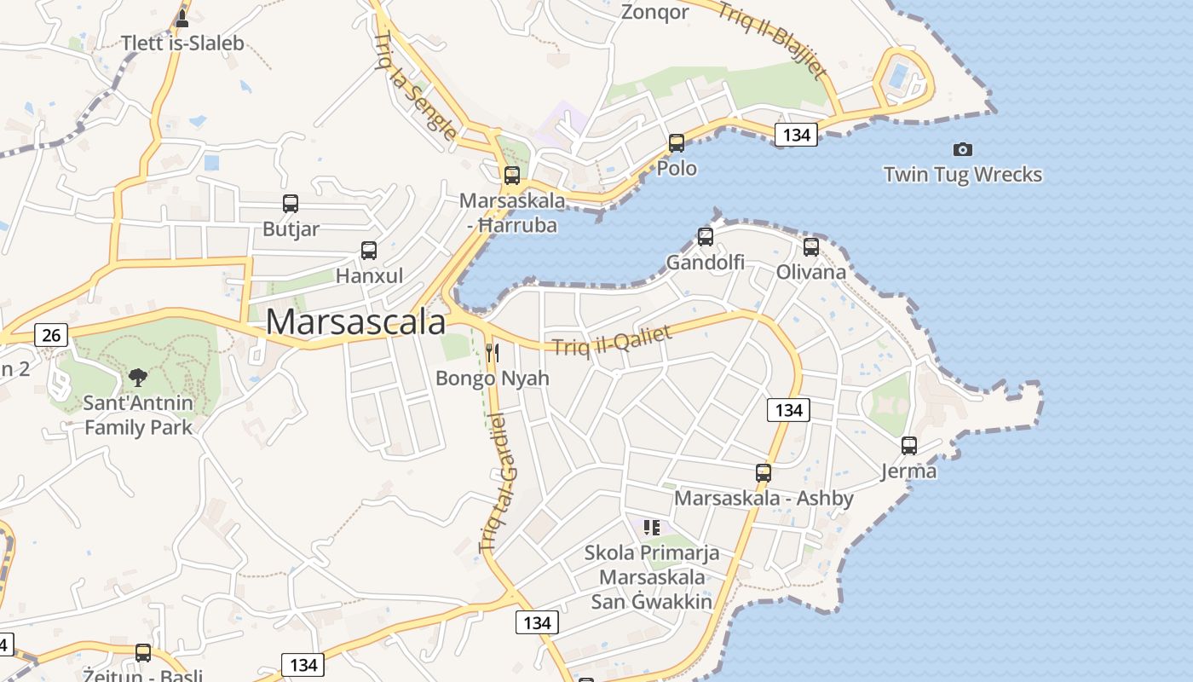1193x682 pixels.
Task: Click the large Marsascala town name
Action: click(x=355, y=322)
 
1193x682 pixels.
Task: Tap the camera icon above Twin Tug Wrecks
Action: click(x=962, y=149)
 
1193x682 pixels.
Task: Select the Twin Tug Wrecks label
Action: click(x=962, y=175)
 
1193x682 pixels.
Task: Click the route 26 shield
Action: click(x=51, y=335)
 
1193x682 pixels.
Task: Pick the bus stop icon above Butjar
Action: click(x=291, y=204)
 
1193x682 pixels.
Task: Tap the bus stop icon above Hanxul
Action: click(x=369, y=251)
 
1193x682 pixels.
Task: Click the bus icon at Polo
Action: click(x=677, y=143)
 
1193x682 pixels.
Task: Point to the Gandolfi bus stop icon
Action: click(x=706, y=237)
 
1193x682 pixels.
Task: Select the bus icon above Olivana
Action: click(x=811, y=247)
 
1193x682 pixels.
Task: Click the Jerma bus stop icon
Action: click(x=909, y=446)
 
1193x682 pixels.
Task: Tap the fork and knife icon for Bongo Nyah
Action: click(x=493, y=352)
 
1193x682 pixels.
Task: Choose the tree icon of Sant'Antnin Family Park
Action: click(x=137, y=377)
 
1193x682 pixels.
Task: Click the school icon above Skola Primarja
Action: click(x=652, y=528)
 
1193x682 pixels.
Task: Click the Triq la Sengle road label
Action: click(x=415, y=85)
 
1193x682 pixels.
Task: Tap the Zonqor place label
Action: click(x=654, y=12)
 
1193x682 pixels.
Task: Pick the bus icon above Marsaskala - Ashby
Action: click(x=764, y=472)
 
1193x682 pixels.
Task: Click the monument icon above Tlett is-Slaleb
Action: click(x=182, y=18)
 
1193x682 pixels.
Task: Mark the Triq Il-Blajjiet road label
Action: click(x=772, y=38)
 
